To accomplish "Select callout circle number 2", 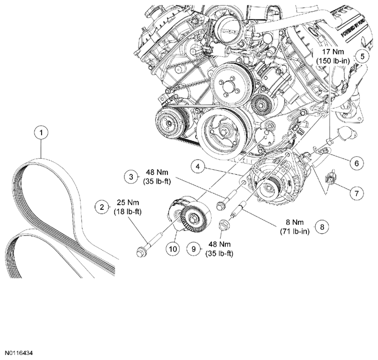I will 102,207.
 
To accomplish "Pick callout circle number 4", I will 198,166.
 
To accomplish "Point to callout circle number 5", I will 362,56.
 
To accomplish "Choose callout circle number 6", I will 357,163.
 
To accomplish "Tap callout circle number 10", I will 172,249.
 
